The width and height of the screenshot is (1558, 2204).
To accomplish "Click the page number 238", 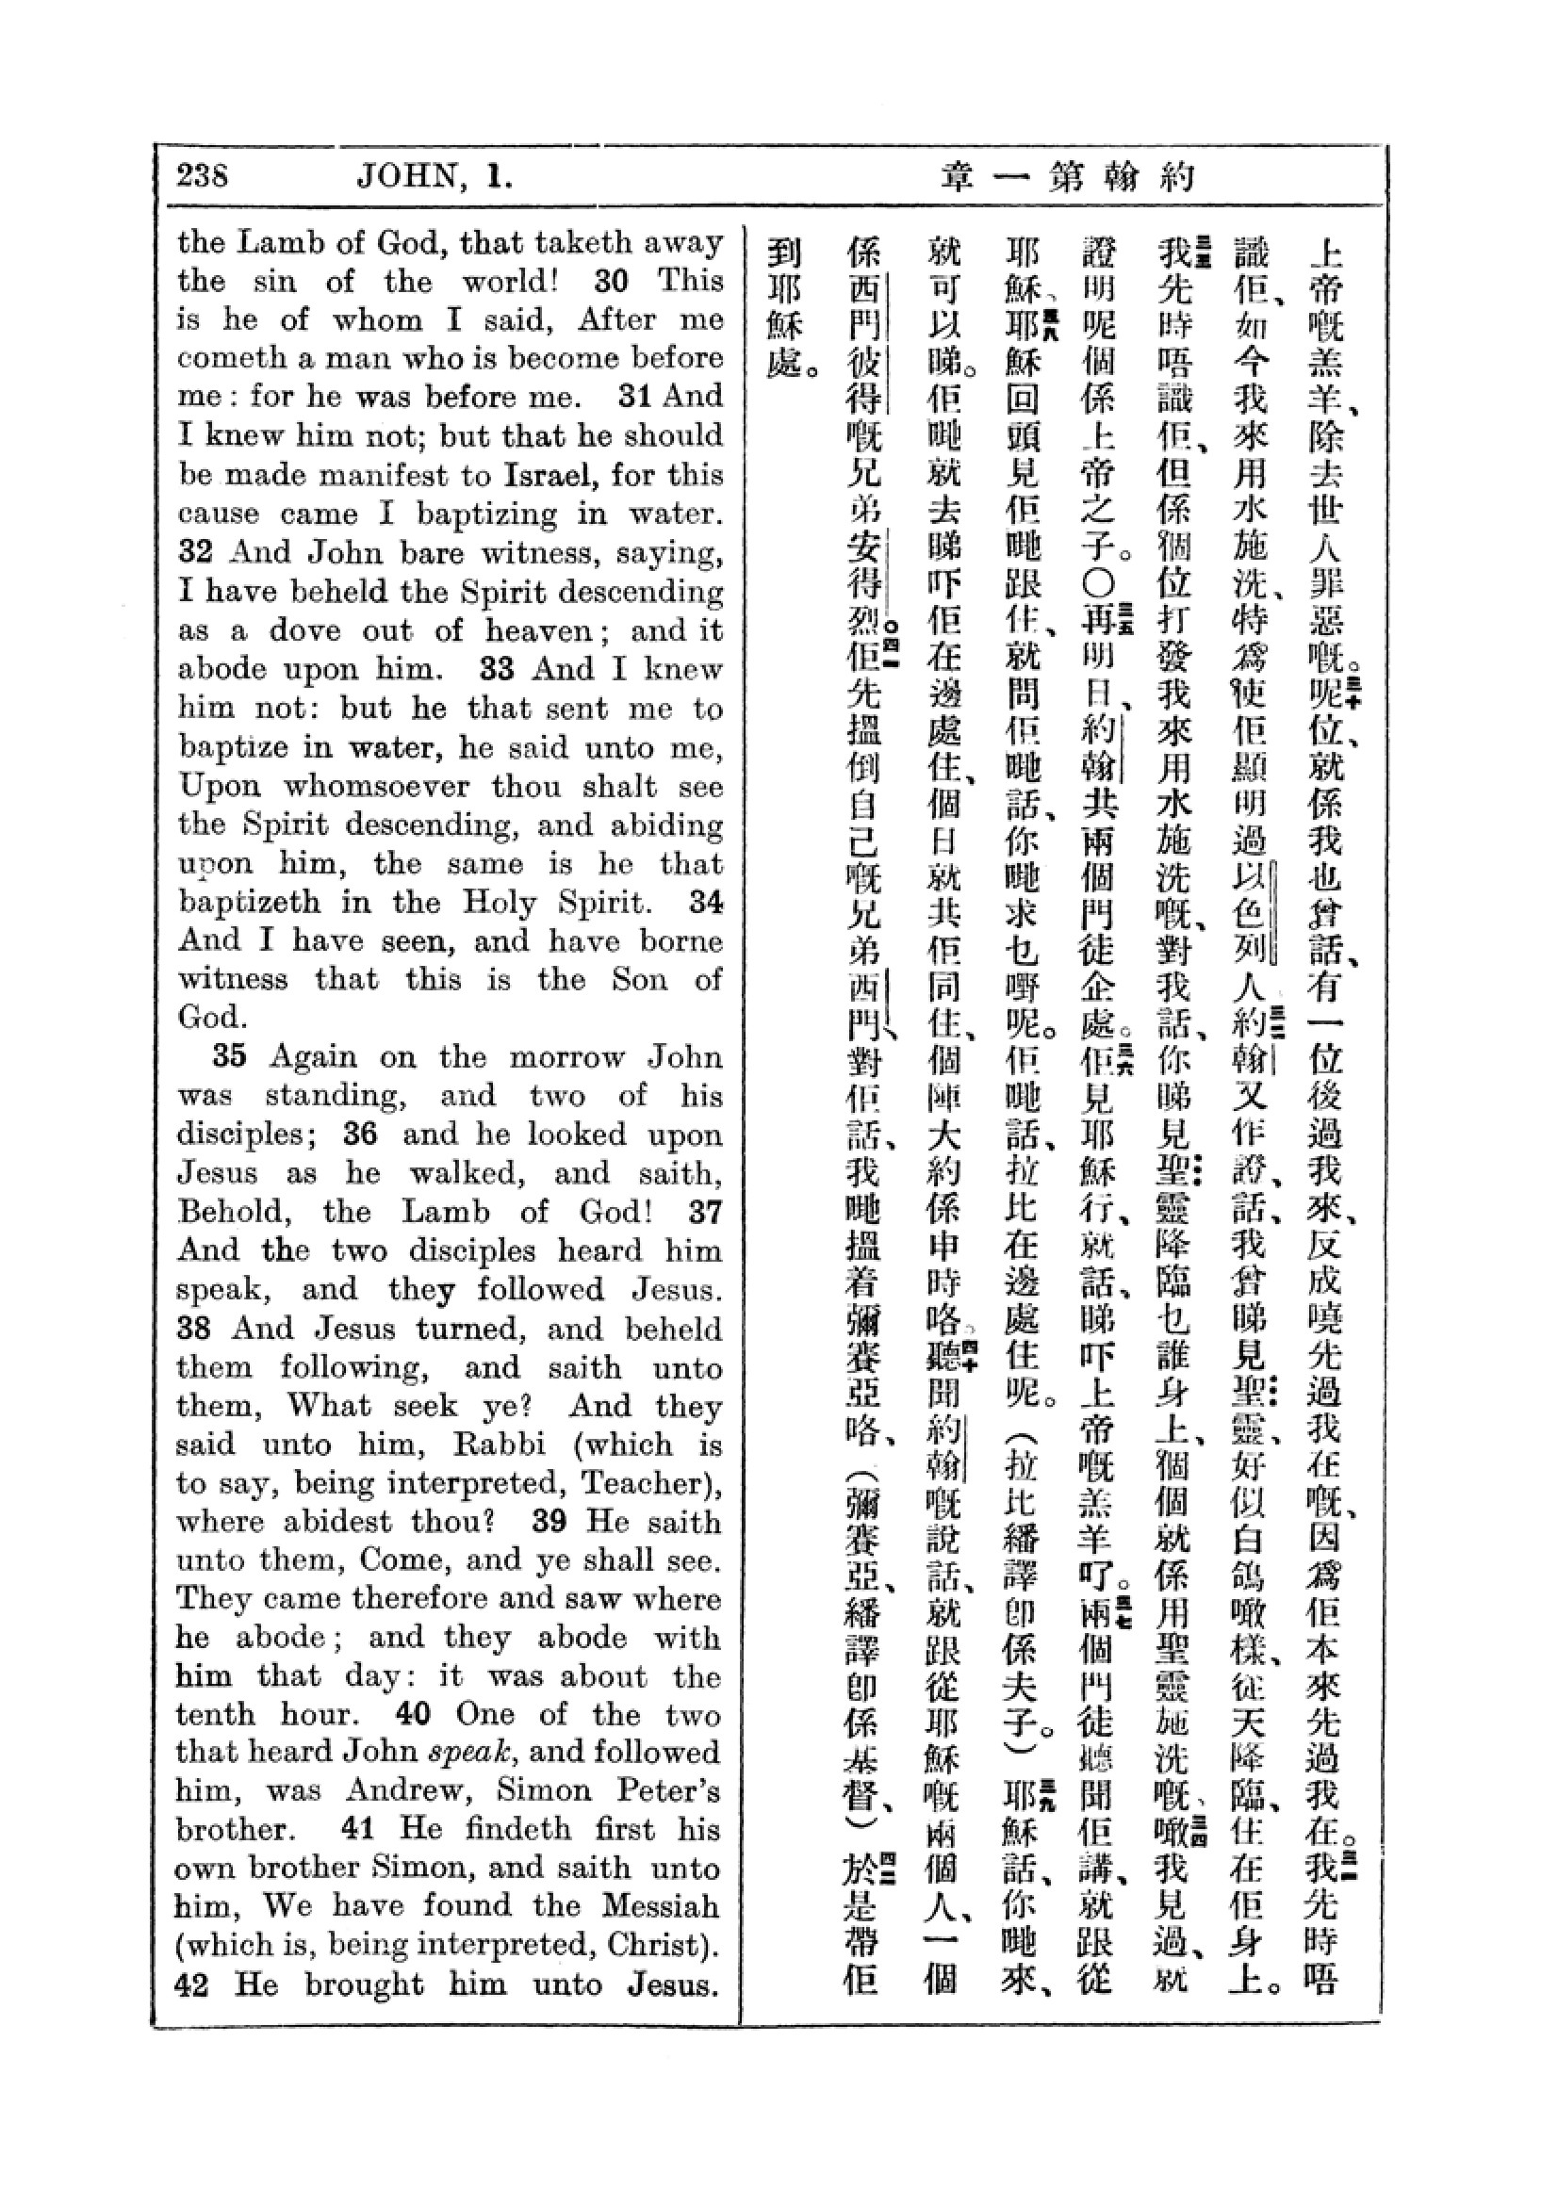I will tap(203, 175).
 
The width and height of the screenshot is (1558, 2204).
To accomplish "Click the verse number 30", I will tap(611, 280).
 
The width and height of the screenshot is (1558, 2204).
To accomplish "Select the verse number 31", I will tap(634, 396).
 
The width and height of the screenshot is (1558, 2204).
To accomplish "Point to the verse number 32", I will tap(193, 552).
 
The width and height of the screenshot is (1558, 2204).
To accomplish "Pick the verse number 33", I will tap(498, 668).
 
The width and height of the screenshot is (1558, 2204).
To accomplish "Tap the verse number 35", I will tap(229, 1056).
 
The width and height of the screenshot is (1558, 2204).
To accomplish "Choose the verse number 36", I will tap(360, 1134).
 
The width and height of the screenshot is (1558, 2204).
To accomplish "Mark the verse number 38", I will tap(193, 1329).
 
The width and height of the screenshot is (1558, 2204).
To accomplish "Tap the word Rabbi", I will tap(500, 1444).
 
